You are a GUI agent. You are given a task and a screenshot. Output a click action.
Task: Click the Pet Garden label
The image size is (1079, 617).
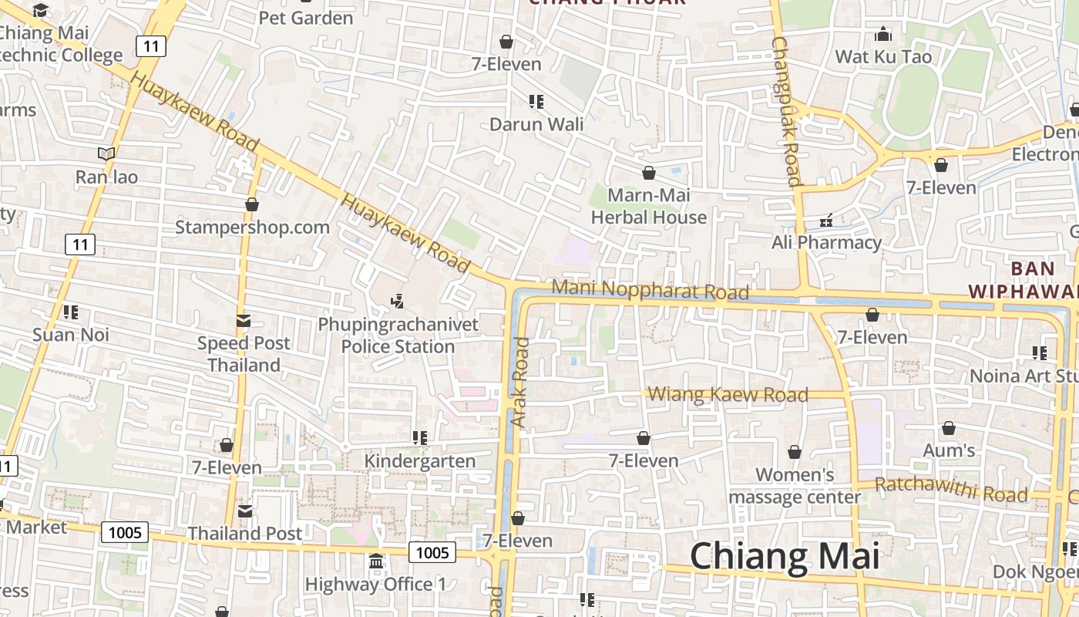tap(306, 18)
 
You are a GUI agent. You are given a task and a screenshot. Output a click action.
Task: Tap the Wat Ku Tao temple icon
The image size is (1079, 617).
tap(883, 35)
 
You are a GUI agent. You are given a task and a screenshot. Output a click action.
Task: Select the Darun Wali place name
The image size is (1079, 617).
tap(536, 124)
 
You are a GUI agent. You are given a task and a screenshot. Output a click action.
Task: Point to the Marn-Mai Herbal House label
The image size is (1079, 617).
tap(649, 207)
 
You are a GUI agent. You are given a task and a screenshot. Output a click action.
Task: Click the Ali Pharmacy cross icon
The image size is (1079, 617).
tap(826, 221)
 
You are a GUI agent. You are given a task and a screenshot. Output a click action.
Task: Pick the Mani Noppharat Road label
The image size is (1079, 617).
tap(650, 290)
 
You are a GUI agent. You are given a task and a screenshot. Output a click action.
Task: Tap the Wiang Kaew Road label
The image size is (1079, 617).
tap(728, 395)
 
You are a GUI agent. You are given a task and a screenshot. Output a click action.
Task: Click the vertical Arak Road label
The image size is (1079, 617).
tap(520, 383)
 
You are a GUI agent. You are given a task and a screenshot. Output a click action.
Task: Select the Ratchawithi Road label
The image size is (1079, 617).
tap(951, 488)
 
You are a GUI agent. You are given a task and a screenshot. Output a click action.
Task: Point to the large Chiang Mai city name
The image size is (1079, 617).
tap(785, 555)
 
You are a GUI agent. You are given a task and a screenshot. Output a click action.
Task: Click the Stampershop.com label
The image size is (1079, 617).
tap(252, 228)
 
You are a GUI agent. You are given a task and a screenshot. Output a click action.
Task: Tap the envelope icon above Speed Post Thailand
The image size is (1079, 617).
tap(244, 321)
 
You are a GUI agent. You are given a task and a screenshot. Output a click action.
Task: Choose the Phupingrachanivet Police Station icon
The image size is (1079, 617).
tap(398, 302)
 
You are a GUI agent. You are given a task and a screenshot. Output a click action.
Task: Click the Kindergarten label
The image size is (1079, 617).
tap(419, 461)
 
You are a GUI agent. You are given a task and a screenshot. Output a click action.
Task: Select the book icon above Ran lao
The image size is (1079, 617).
tap(106, 154)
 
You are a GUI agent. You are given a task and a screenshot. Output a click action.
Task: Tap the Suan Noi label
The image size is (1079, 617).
tap(71, 335)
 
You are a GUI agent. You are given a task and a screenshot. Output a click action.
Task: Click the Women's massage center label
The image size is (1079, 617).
tap(795, 486)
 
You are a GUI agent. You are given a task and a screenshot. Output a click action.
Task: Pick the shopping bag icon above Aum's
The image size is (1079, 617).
tap(949, 428)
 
